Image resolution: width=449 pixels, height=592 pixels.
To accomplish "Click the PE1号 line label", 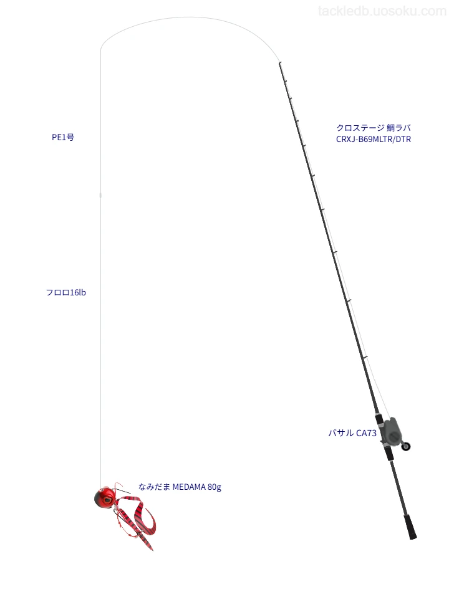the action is point(63,137).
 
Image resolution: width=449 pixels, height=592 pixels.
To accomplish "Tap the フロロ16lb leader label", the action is point(65,292).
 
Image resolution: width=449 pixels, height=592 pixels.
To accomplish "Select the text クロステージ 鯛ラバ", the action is point(374,128).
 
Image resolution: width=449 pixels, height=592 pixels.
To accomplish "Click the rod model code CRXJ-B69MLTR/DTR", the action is point(374,139).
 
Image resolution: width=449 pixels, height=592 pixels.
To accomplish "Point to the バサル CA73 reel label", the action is point(352,432).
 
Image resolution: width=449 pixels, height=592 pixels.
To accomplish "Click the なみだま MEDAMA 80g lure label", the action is point(180,487).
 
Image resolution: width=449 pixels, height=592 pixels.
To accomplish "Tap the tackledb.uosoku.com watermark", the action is point(382,11).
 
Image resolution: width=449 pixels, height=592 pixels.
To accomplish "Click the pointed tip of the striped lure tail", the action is point(153,550).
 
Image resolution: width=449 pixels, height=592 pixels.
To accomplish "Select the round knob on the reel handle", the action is point(406,446).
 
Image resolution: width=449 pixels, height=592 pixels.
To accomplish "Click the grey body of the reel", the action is point(392,431).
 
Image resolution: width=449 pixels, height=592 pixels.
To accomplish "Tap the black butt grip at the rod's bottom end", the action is point(410,526).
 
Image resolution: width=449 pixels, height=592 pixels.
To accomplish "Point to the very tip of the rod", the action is point(279,63).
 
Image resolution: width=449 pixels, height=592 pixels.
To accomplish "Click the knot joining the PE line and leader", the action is point(100,195).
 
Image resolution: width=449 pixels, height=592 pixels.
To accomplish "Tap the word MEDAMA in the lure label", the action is point(189,487).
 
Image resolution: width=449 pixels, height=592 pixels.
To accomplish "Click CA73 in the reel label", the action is point(366,432).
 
